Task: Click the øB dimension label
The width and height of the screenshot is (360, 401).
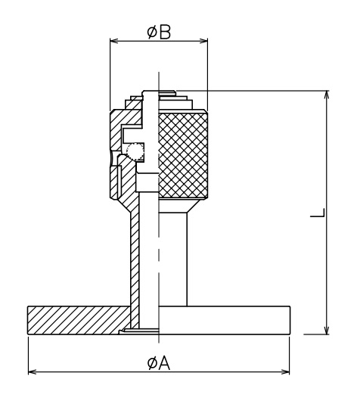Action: point(159,33)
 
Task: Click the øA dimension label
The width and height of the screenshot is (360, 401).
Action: point(159,363)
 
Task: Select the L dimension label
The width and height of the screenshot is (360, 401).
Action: point(318,213)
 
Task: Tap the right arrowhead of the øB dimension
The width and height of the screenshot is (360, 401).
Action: point(203,41)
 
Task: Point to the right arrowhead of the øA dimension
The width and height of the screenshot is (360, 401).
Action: point(285,371)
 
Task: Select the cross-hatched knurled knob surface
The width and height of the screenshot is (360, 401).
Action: point(183,155)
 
